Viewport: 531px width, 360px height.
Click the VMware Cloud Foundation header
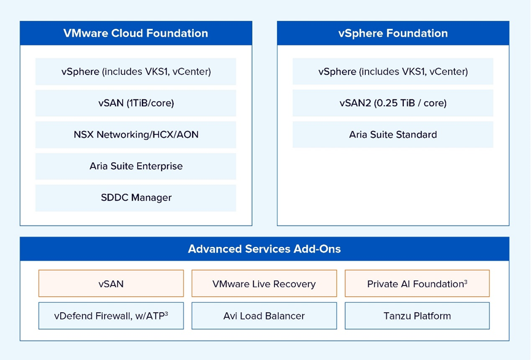[136, 34]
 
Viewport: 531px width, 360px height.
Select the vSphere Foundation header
[393, 34]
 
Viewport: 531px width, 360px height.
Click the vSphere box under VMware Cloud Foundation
[136, 72]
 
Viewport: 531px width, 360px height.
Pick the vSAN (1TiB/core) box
[136, 103]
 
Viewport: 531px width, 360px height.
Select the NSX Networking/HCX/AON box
[136, 135]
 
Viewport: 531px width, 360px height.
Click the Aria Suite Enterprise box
[136, 166]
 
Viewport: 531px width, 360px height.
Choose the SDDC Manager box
[136, 198]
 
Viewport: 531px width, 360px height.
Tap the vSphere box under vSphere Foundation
[393, 72]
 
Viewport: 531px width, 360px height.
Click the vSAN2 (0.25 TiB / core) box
[393, 103]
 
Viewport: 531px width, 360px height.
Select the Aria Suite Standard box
[393, 135]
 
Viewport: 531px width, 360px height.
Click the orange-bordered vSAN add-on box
[111, 284]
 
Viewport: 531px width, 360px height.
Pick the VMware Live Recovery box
[264, 284]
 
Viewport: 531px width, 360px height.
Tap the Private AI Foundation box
[417, 284]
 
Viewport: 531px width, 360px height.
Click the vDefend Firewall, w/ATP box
[111, 316]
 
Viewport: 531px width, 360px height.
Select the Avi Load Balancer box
[264, 316]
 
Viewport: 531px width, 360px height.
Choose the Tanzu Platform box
[417, 316]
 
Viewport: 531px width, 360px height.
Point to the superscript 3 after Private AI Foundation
[466, 281]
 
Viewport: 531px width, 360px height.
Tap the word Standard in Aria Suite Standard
[416, 135]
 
